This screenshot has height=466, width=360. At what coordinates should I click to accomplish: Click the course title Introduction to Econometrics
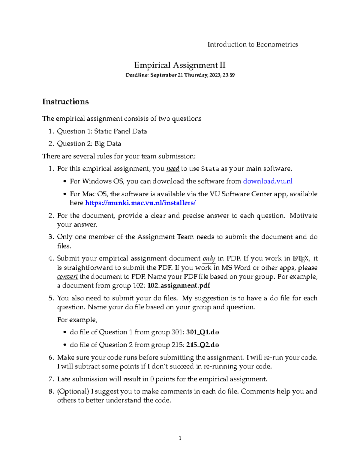coord(253,44)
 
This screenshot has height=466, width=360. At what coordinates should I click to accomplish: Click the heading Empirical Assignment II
coord(180,65)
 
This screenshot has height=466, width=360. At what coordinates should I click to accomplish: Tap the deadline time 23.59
coord(229,75)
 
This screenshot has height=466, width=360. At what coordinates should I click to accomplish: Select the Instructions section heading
coord(65,102)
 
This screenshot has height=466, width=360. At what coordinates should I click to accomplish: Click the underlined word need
coord(172,169)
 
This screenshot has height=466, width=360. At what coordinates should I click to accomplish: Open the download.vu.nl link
coord(268,181)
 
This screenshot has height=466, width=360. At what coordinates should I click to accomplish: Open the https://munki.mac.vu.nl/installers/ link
coord(140,203)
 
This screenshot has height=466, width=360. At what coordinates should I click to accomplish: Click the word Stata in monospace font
coord(210,169)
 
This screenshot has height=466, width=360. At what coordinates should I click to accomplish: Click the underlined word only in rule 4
coord(209,258)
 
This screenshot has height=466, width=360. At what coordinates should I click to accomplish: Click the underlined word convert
coord(67,276)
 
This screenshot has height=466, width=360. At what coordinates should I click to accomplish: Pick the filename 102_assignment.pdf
coord(179,285)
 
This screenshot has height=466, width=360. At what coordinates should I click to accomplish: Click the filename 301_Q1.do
coord(202,332)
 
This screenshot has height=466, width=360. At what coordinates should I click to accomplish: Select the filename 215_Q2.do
coord(202,345)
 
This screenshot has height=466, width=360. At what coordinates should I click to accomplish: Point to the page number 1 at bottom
coord(180,438)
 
